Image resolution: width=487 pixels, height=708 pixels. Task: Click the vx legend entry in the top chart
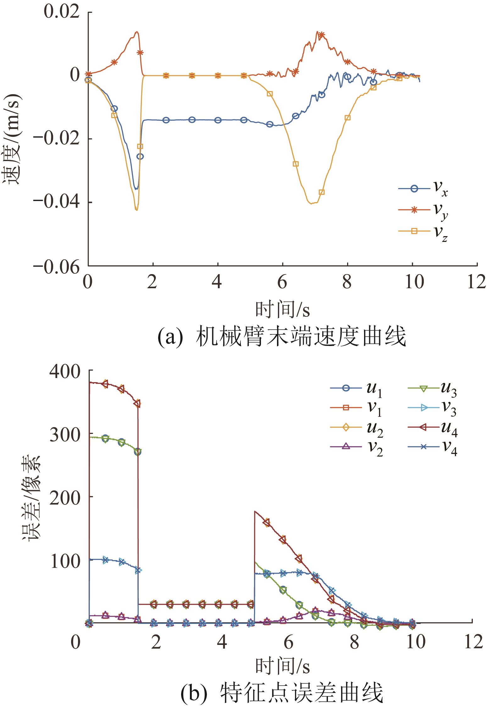click(423, 190)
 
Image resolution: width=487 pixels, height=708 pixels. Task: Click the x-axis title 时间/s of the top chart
click(282, 310)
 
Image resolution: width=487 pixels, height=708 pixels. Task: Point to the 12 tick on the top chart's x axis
click(477, 283)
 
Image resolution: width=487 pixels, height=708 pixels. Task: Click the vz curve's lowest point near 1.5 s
click(136, 210)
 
